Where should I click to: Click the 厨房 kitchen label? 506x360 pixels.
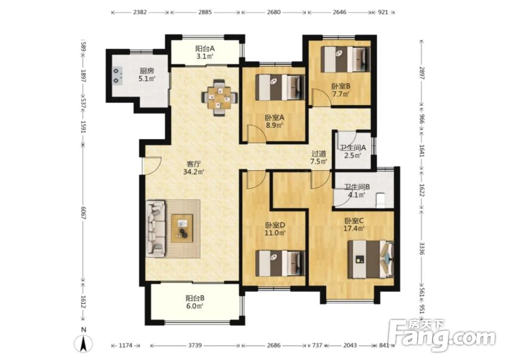[x=147, y=69]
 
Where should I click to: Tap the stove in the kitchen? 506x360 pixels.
[x=116, y=75]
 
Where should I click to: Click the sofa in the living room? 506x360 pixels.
[x=156, y=229]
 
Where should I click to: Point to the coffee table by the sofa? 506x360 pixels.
[x=182, y=227]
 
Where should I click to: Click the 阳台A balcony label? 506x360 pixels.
[x=205, y=49]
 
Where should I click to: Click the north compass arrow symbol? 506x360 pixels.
[x=84, y=343]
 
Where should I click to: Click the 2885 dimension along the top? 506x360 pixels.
[x=205, y=12]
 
